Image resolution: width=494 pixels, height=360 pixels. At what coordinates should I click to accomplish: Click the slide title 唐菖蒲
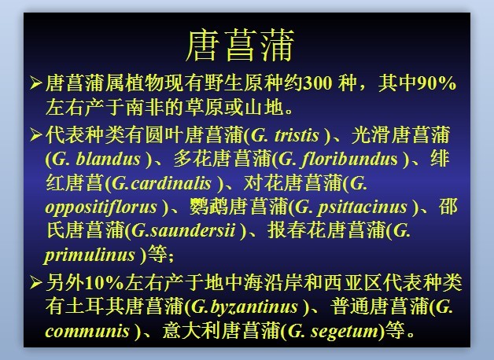click(x=240, y=46)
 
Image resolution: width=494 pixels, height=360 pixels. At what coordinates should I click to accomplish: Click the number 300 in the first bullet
click(x=317, y=83)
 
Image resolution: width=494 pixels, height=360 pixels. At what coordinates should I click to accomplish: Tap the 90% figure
click(x=437, y=83)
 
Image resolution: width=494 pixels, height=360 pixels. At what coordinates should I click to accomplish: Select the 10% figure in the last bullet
click(x=105, y=283)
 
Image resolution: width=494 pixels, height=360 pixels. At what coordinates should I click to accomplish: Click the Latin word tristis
click(x=297, y=135)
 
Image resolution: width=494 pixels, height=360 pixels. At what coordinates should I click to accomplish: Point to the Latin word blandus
click(x=108, y=159)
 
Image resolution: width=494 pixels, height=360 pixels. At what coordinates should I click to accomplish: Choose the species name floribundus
click(x=349, y=159)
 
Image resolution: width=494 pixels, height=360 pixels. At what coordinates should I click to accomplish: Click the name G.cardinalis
click(x=161, y=183)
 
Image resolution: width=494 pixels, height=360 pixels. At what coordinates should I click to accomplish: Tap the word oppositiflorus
click(x=101, y=208)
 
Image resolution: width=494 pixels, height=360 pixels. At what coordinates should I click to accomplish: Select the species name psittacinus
click(x=362, y=208)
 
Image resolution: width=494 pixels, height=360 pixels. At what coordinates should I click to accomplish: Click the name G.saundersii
click(x=183, y=230)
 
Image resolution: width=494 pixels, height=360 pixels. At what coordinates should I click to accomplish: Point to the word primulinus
click(x=90, y=255)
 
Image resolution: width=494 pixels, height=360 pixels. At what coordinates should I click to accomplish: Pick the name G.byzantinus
click(x=244, y=307)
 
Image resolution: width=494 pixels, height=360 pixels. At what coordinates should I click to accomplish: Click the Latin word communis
click(x=87, y=331)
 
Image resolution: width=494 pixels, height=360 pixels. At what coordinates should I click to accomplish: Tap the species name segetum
click(x=345, y=332)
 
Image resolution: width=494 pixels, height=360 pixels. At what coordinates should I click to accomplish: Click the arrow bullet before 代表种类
click(x=36, y=135)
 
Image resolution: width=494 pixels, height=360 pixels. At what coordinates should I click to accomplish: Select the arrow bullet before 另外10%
click(x=36, y=283)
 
